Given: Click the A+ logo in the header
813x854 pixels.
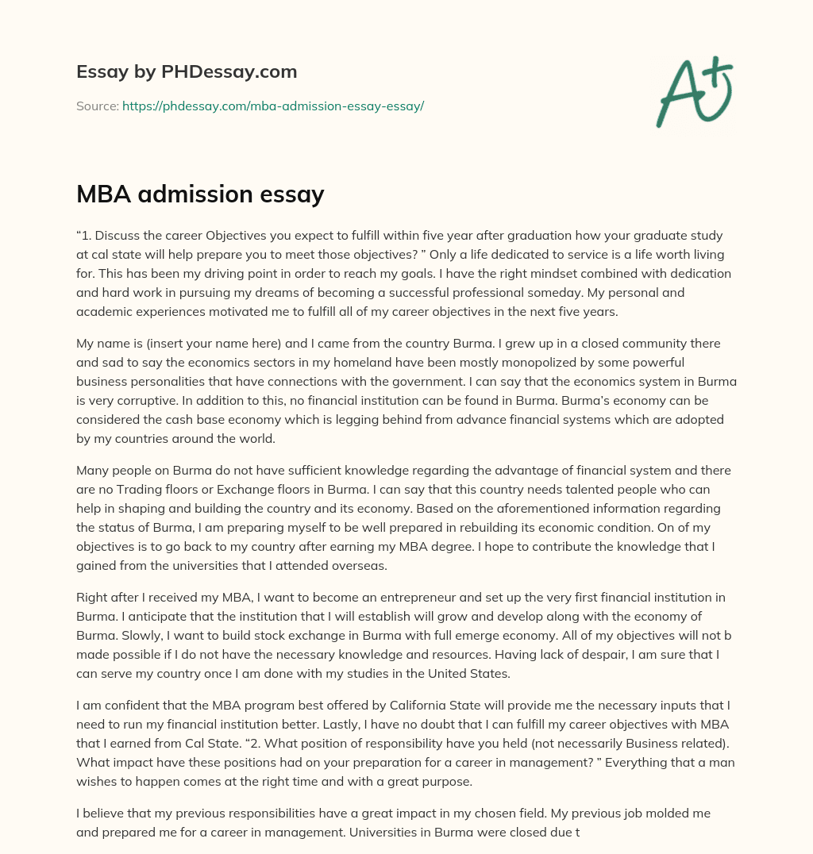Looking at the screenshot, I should coord(694,90).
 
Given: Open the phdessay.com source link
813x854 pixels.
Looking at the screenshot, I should coord(273,106).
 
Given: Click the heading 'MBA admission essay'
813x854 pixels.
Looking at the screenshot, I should coord(200,194).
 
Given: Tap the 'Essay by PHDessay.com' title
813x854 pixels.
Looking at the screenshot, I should coord(187,71).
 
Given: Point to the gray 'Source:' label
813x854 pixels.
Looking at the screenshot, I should coord(98,106).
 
